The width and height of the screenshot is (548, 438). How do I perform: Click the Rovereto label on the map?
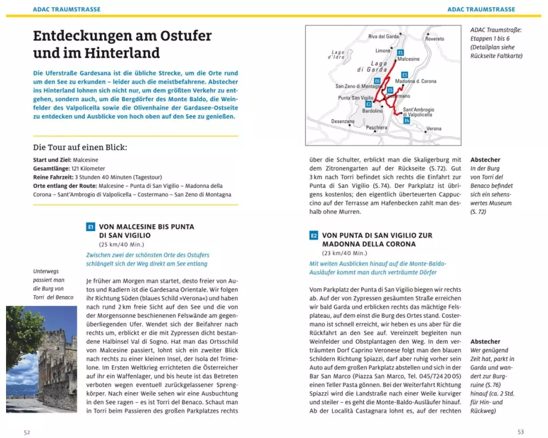[x=435, y=39]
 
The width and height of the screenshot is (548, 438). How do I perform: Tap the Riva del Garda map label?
[x=384, y=37]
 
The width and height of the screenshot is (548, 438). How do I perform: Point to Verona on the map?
[x=433, y=129]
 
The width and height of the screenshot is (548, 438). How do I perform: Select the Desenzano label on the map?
[x=342, y=121]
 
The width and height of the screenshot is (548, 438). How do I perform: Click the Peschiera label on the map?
[x=376, y=128]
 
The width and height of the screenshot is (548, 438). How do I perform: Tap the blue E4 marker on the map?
[x=407, y=120]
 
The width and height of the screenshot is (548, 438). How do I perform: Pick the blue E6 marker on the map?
[x=378, y=81]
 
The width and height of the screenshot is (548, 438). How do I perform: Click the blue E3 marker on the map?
[x=404, y=74]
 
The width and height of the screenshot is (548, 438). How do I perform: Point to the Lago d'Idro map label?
[x=336, y=54]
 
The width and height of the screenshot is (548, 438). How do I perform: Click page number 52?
[x=27, y=432]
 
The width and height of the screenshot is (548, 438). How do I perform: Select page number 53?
[x=521, y=432]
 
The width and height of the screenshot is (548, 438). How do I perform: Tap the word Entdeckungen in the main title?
[x=86, y=36]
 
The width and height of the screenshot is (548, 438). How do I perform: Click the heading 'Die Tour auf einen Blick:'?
[x=80, y=147]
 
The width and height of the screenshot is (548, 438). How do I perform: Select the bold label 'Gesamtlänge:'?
[x=51, y=169]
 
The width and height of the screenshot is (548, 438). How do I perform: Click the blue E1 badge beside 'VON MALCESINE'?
[x=91, y=227]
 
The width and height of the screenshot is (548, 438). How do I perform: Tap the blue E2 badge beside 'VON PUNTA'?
[x=313, y=235]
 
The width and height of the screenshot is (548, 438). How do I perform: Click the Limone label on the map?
[x=383, y=50]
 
